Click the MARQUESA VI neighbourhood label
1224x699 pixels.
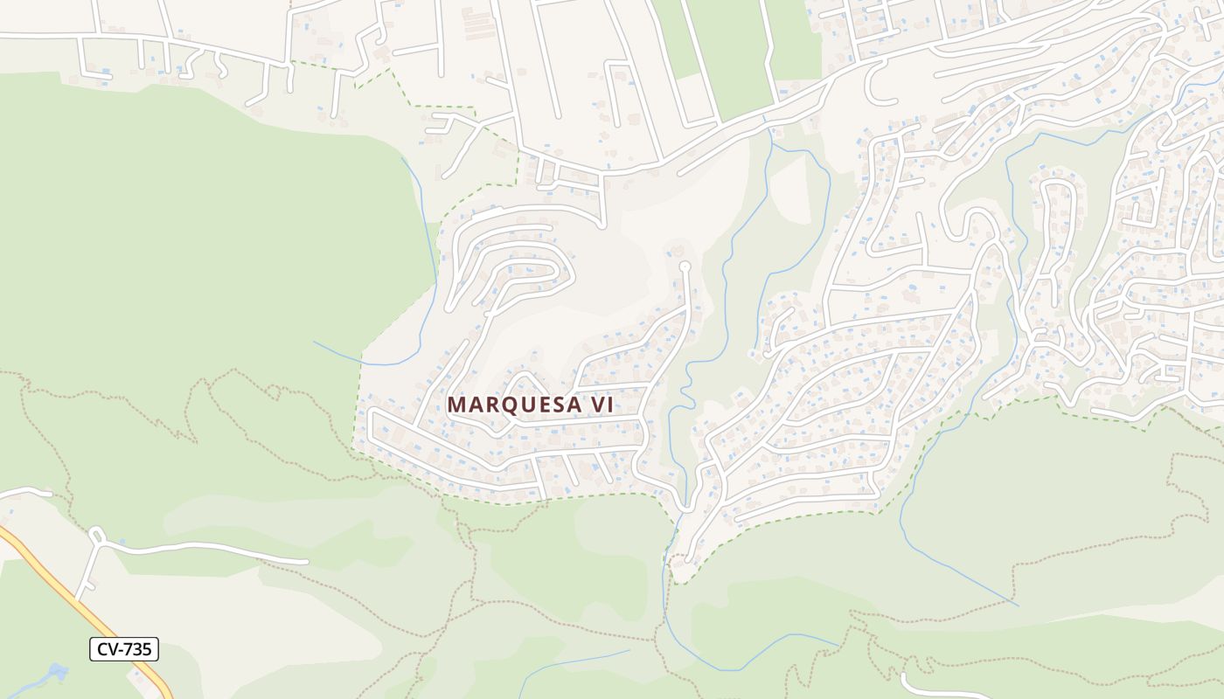point(530,405)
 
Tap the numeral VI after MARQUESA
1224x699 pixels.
point(600,405)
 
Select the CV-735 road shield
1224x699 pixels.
point(123,649)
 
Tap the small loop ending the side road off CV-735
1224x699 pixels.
point(95,534)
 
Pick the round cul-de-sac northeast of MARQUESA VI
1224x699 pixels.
point(685,266)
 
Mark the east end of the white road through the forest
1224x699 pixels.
point(306,561)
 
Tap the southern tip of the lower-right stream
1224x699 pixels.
point(1017,605)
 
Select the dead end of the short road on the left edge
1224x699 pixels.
point(48,495)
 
